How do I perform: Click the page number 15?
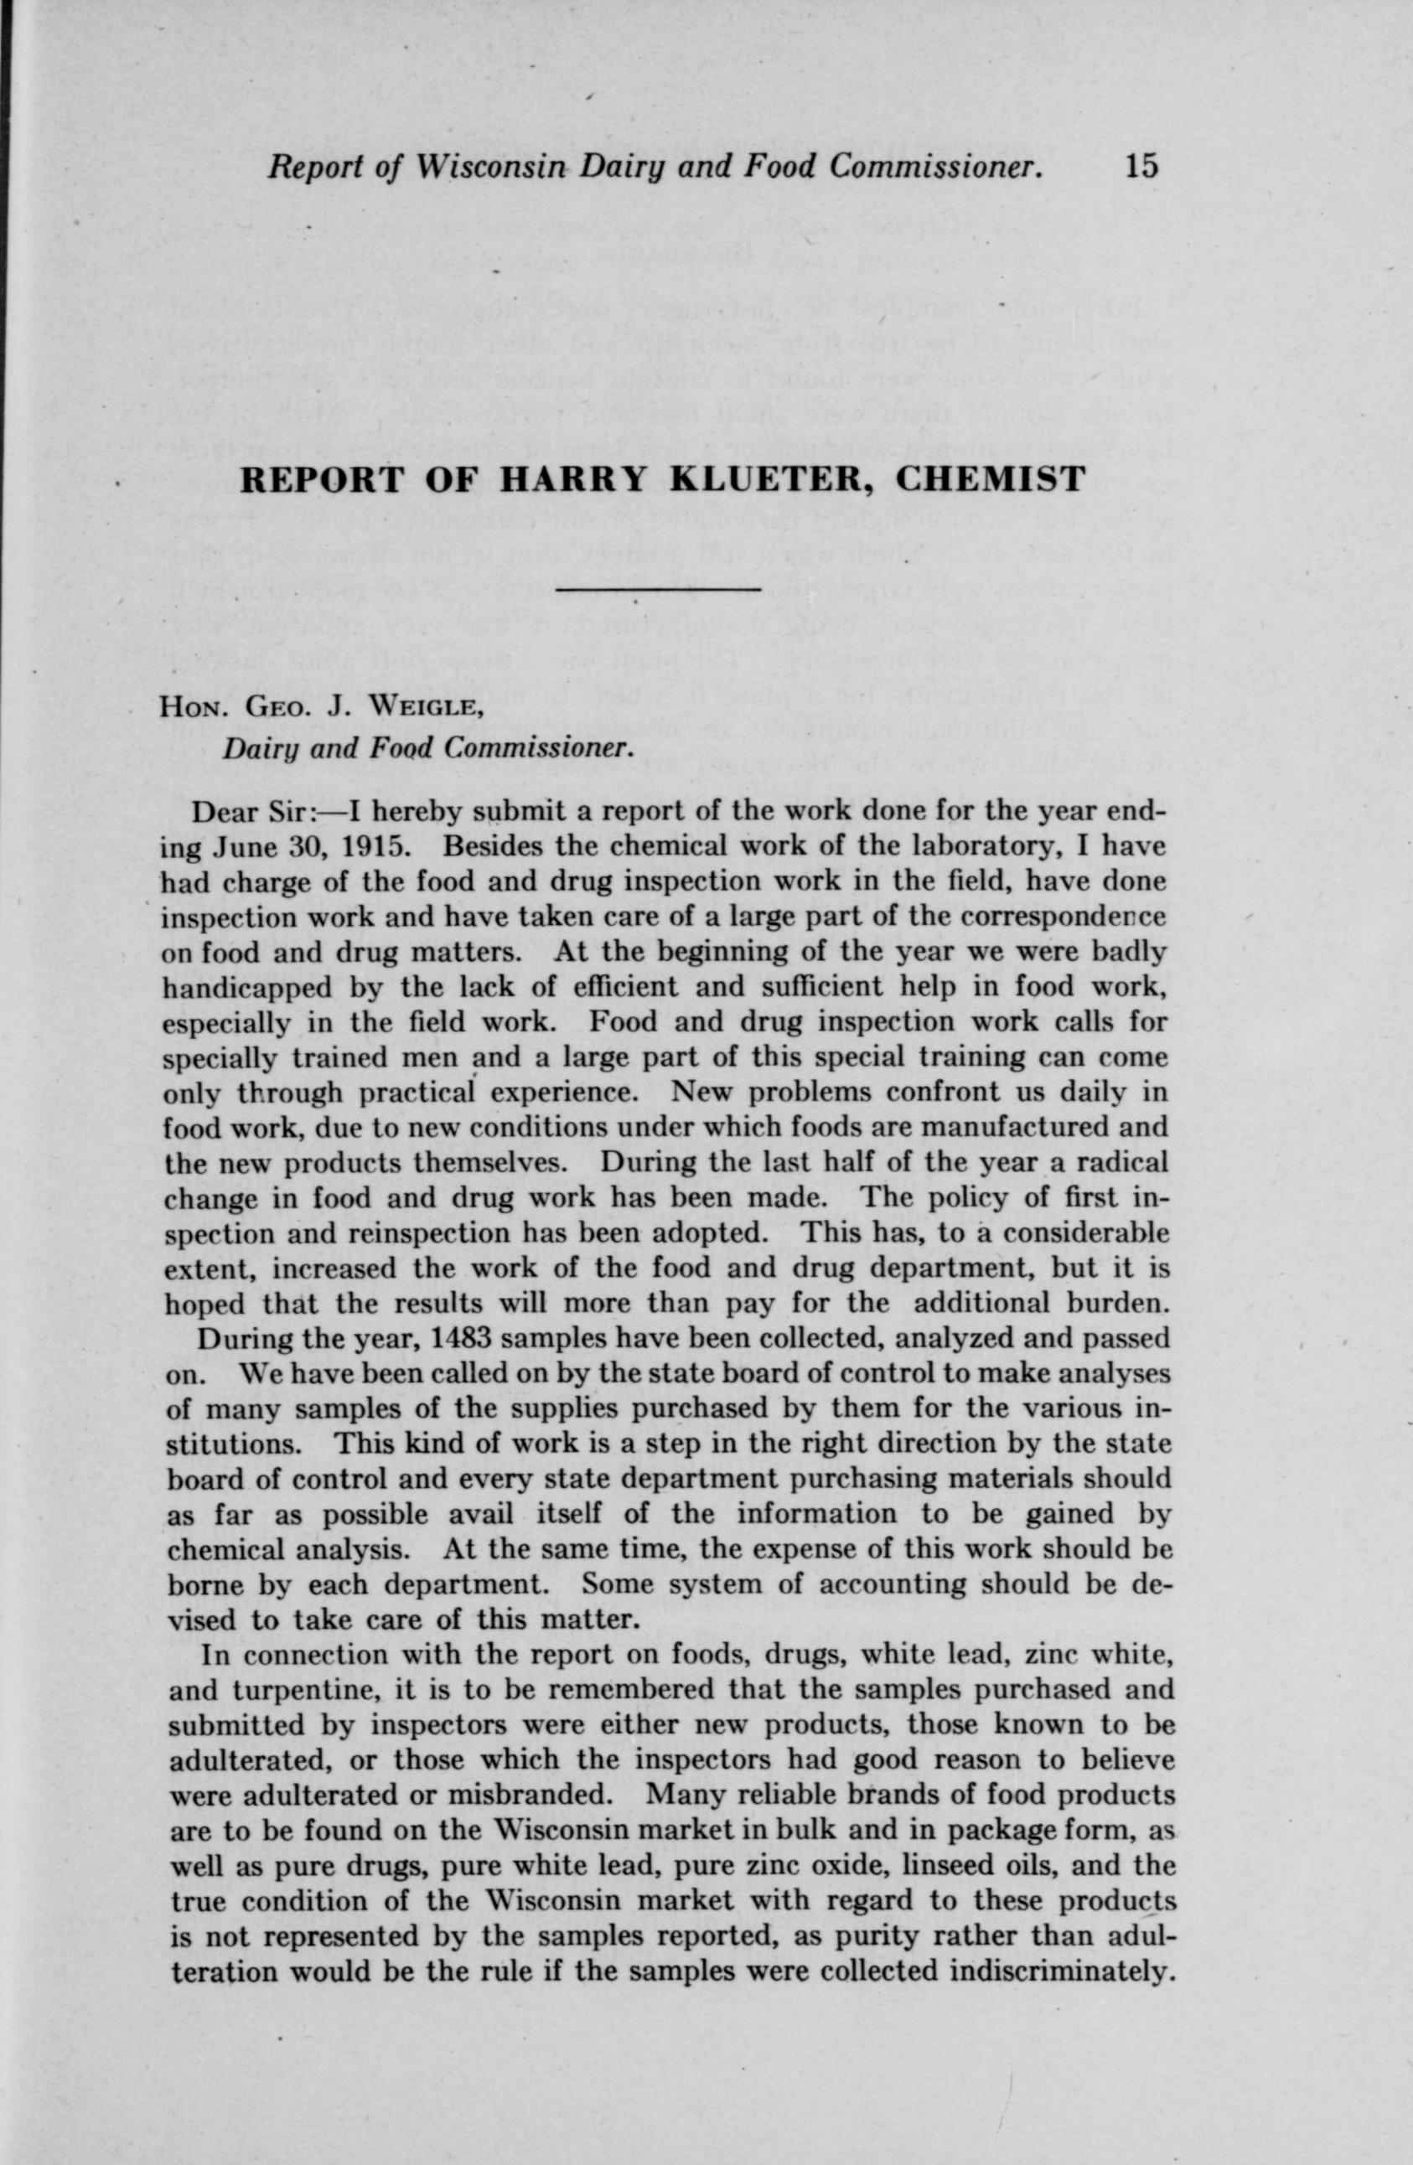(x=1140, y=167)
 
